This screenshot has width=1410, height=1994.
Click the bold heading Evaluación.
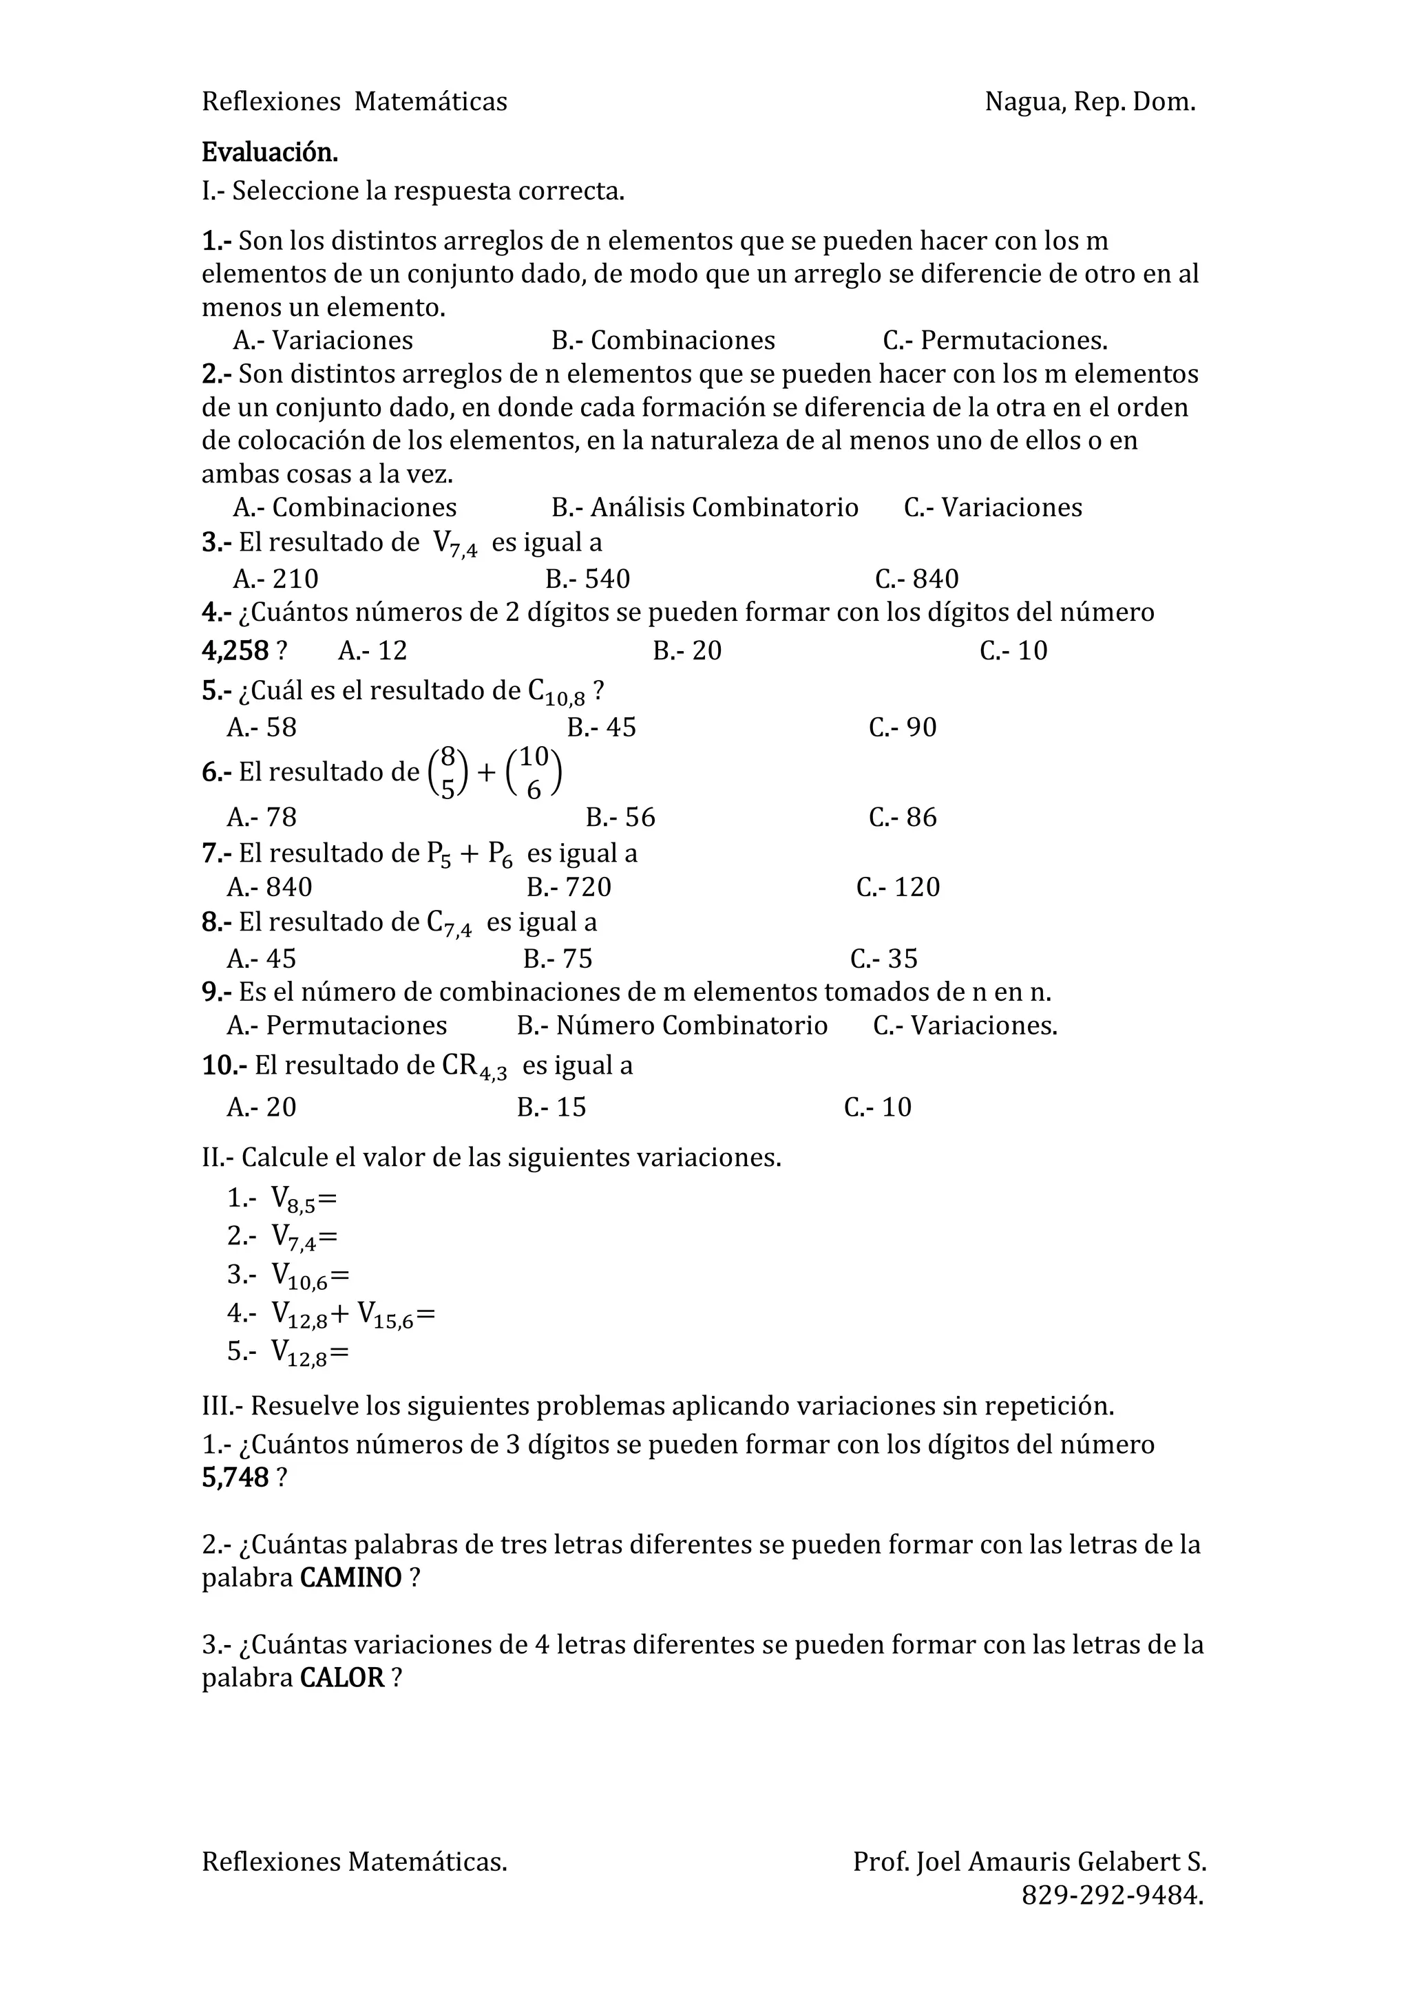click(269, 152)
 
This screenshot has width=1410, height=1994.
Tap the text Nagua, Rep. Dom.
click(1089, 102)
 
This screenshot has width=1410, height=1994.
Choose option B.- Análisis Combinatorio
click(704, 507)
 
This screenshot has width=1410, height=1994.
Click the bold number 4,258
click(235, 650)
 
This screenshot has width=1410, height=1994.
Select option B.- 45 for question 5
click(601, 727)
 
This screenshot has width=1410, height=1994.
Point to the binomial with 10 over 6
click(534, 773)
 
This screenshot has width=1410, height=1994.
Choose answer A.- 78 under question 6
click(262, 817)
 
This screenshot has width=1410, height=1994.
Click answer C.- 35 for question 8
click(883, 959)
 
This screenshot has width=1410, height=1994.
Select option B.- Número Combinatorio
click(671, 1026)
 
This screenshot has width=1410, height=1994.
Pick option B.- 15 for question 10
click(551, 1107)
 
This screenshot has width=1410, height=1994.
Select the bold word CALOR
click(341, 1678)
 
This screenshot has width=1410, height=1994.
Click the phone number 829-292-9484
click(1111, 1895)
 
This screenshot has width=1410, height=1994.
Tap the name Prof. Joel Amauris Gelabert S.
click(1029, 1861)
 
